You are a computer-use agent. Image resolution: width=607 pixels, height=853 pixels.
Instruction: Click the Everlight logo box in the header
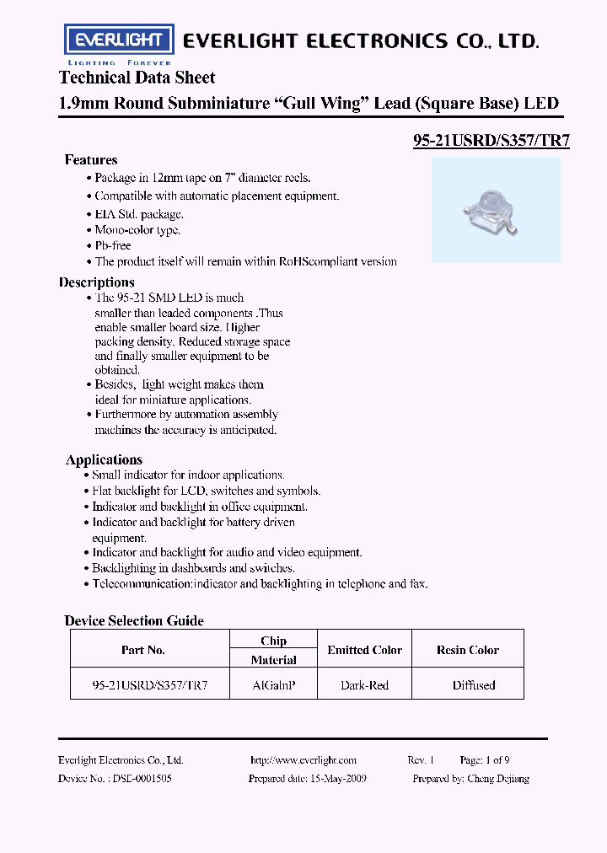(120, 40)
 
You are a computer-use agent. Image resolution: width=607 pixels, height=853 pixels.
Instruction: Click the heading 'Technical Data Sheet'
(137, 78)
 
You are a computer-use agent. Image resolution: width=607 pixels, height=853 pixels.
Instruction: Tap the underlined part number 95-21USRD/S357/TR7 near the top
(491, 142)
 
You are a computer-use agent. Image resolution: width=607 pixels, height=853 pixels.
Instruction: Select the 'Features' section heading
(91, 160)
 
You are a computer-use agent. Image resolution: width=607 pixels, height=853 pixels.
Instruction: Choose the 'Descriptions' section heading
(97, 282)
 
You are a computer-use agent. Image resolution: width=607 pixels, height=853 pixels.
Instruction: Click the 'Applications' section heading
(104, 459)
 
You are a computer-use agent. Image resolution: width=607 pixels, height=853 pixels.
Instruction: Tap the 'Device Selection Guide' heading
(134, 621)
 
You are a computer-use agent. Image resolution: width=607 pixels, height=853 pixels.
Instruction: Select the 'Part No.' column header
(143, 650)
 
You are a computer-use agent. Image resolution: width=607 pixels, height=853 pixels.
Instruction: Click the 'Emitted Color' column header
(365, 650)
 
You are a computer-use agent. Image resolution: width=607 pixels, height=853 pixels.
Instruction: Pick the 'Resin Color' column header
(468, 650)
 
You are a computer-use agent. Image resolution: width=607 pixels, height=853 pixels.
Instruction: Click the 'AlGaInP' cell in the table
(274, 685)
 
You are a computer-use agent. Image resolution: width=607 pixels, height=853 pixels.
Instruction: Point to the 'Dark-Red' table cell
(365, 685)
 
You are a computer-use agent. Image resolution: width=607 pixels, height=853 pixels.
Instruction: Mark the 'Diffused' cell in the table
(474, 685)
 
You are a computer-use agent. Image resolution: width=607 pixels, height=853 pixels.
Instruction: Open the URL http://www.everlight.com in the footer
(303, 760)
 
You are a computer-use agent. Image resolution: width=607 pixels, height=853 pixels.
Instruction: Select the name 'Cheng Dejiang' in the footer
(497, 779)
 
